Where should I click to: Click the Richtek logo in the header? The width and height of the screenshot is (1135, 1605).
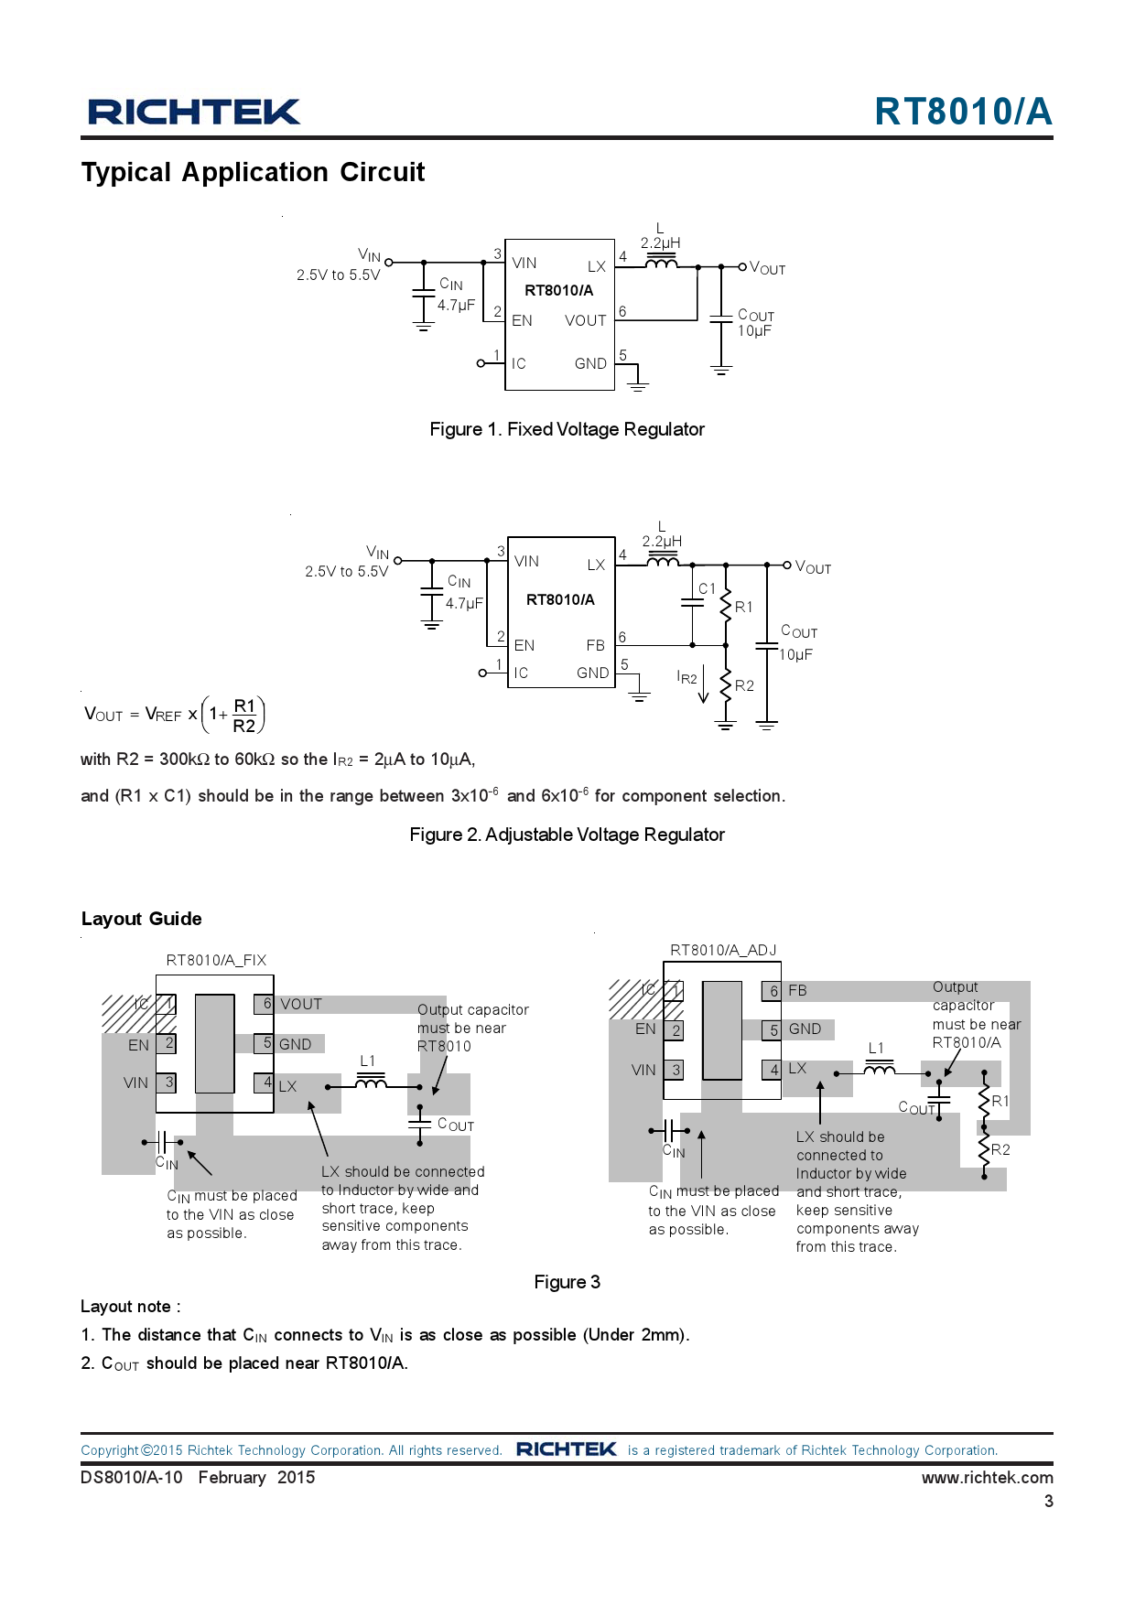(193, 112)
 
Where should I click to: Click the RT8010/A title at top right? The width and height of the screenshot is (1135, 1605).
(963, 112)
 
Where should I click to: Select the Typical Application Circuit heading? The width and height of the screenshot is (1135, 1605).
(253, 172)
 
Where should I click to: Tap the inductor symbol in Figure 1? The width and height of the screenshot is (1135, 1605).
(661, 264)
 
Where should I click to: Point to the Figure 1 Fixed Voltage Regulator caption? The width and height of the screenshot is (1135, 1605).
(567, 429)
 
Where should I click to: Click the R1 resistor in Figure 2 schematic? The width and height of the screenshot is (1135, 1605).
(727, 605)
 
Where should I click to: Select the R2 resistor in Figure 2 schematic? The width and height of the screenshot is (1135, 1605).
(727, 686)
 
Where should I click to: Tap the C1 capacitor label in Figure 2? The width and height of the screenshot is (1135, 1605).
(707, 588)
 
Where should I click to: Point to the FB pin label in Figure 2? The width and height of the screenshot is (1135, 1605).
(595, 645)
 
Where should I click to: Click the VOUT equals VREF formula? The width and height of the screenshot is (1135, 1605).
(174, 715)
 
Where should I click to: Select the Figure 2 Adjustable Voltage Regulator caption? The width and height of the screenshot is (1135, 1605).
(567, 835)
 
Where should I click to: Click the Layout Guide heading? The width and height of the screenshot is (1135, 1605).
(141, 919)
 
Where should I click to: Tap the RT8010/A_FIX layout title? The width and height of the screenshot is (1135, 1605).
(216, 960)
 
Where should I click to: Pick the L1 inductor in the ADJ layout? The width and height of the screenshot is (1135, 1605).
(879, 1069)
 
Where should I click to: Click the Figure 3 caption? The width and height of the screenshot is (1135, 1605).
(567, 1282)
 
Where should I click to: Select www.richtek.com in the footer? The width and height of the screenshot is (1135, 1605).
(987, 1477)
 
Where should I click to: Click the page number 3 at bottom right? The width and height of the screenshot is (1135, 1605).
(1048, 1501)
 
